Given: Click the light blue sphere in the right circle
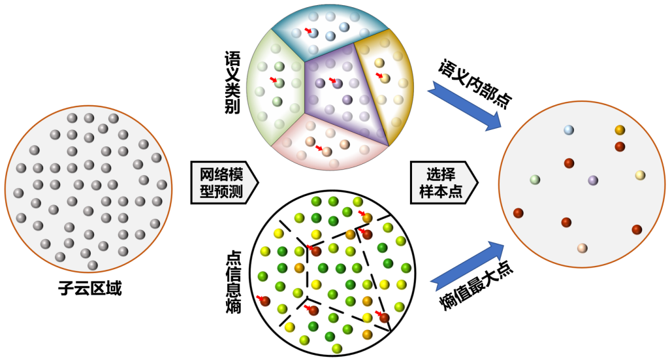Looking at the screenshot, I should tap(569, 130).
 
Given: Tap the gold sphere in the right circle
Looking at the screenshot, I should tap(620, 130).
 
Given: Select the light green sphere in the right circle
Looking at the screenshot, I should tap(535, 180).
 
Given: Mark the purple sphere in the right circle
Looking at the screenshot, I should tap(593, 180).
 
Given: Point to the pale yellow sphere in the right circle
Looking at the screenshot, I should tap(640, 175).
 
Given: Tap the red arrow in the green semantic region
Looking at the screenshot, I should tap(274, 80).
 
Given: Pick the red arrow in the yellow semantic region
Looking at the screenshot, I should tap(379, 75).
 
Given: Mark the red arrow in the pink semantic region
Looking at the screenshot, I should tap(319, 148).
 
